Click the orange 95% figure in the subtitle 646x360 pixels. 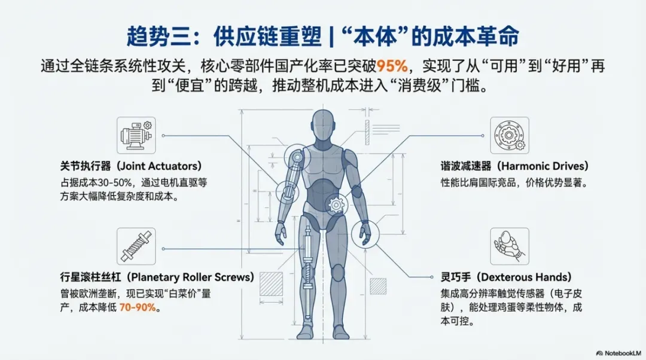[392, 65]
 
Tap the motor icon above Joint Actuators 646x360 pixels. [136, 136]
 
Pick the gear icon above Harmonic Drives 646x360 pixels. [510, 136]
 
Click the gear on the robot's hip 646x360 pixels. [336, 205]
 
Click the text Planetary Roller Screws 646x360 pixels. [191, 277]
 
